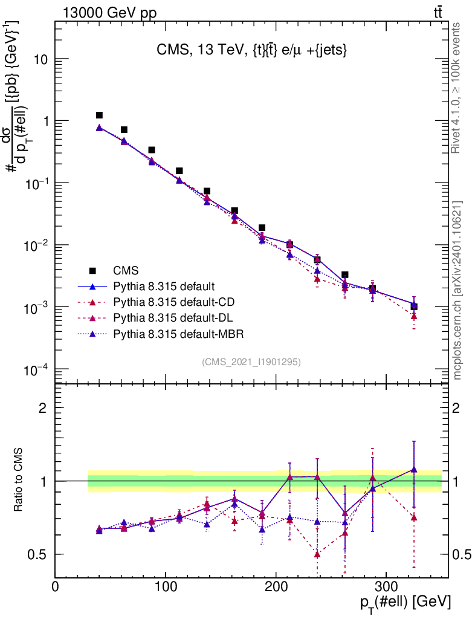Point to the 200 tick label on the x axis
click(276, 586)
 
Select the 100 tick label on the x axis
click(166, 586)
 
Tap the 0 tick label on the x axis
click(55, 586)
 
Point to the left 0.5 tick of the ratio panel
click(40, 554)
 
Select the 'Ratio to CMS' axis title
click(19, 480)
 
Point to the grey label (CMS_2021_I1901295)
click(251, 361)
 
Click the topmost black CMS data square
click(99, 115)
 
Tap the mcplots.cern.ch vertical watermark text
click(457, 290)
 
